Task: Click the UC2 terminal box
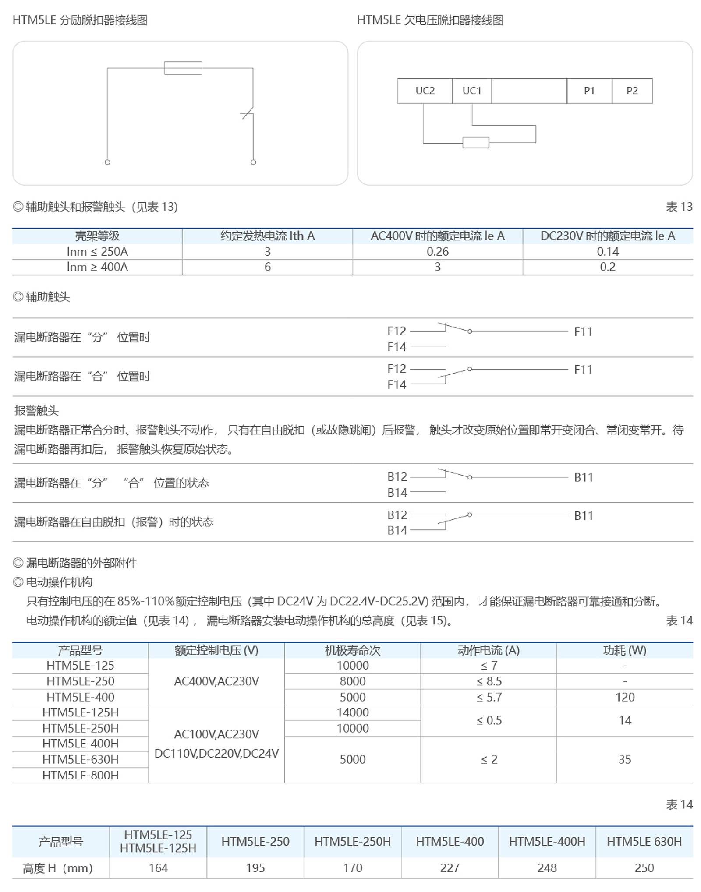[x=425, y=91]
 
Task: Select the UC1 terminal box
[x=471, y=91]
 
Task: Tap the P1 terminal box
[x=589, y=91]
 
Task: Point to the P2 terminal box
[x=632, y=91]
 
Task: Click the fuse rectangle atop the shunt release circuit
[x=183, y=68]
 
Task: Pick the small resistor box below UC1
[x=475, y=142]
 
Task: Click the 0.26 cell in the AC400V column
[x=437, y=251]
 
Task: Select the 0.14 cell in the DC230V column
[x=608, y=251]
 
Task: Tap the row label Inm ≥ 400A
[x=97, y=267]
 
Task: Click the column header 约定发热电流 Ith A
[x=267, y=236]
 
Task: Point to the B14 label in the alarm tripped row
[x=397, y=530]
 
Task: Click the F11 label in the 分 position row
[x=583, y=331]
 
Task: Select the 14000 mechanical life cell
[x=352, y=712]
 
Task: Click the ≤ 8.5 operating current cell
[x=489, y=681]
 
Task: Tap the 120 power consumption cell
[x=624, y=697]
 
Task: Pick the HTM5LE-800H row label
[x=80, y=775]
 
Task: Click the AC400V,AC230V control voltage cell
[x=216, y=681]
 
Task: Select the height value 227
[x=450, y=868]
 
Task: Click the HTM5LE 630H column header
[x=644, y=841]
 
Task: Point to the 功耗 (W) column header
[x=624, y=650]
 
